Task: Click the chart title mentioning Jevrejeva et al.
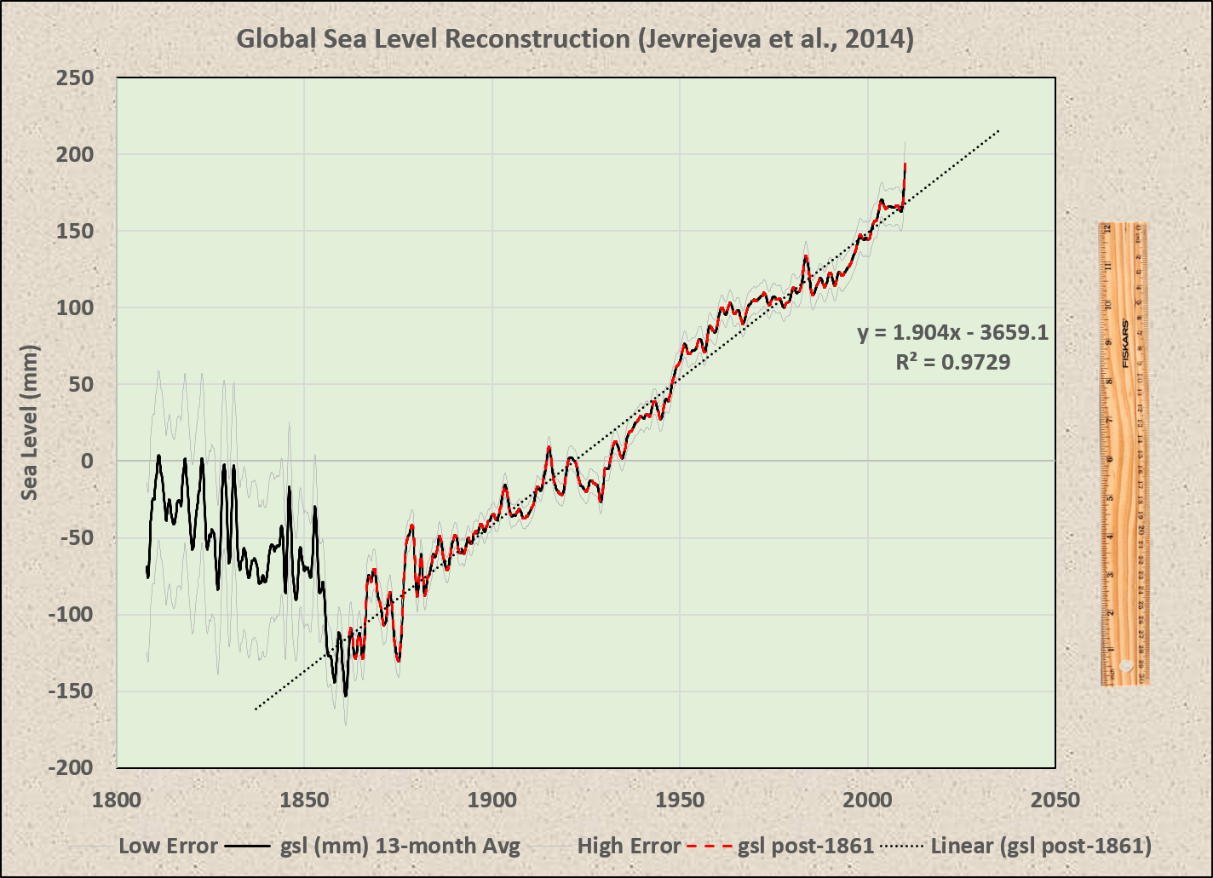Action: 574,40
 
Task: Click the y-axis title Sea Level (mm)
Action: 30,422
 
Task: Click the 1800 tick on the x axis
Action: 116,801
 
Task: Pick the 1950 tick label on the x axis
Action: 680,801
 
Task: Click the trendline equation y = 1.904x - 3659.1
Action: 952,333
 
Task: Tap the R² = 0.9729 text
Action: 952,363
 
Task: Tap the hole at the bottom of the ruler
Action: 1126,665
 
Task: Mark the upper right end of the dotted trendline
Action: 998,130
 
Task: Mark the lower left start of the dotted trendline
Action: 255,709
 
